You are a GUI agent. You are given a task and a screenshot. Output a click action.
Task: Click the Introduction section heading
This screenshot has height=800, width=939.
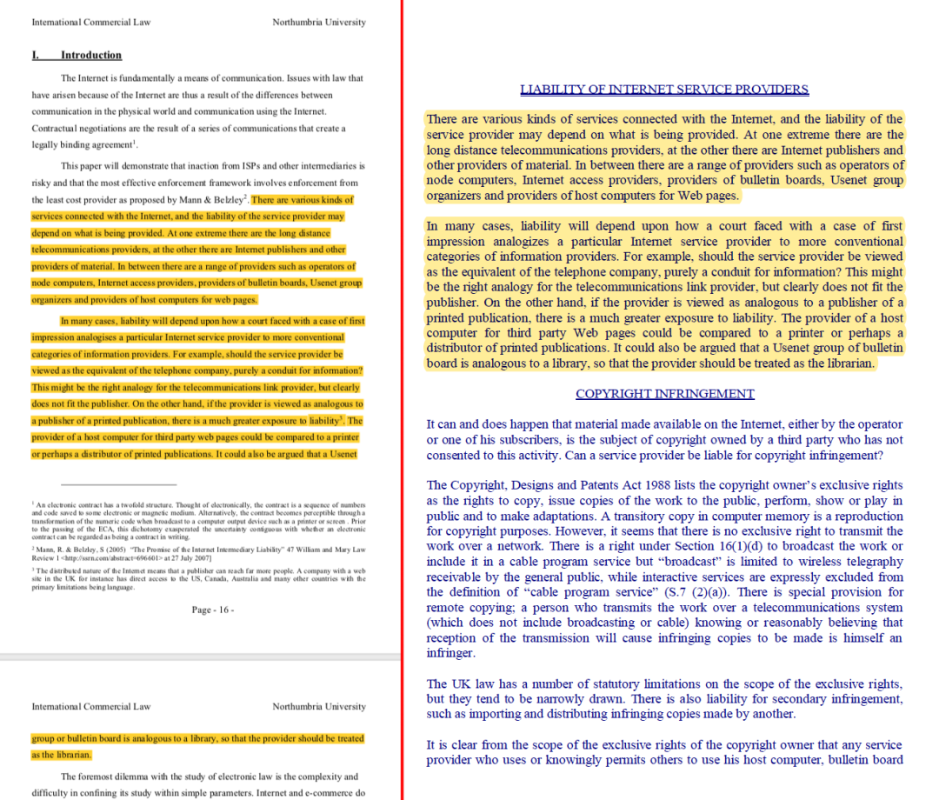(90, 56)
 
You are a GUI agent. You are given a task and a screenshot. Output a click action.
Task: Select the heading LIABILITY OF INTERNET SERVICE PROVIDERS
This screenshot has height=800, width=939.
(664, 90)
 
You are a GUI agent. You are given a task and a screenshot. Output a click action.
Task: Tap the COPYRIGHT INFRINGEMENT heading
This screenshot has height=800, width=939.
(664, 394)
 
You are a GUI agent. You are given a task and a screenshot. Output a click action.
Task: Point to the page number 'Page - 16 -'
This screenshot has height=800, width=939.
(213, 610)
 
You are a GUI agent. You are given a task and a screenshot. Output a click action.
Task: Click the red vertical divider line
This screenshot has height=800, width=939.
(403, 400)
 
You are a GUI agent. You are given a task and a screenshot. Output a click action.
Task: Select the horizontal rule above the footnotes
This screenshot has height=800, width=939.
(119, 484)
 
